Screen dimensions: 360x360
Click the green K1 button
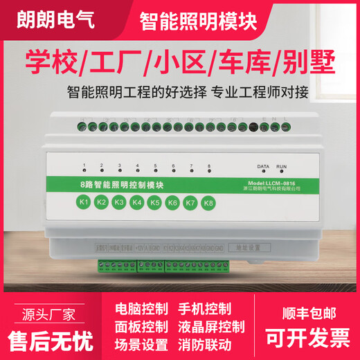(x=84, y=203)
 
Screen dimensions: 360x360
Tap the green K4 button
(x=137, y=203)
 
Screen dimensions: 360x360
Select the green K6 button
(x=173, y=203)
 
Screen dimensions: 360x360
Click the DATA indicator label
(x=263, y=168)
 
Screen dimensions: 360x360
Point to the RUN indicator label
(x=281, y=168)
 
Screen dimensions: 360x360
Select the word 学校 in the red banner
(x=49, y=64)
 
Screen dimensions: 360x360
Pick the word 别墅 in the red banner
(x=303, y=64)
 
